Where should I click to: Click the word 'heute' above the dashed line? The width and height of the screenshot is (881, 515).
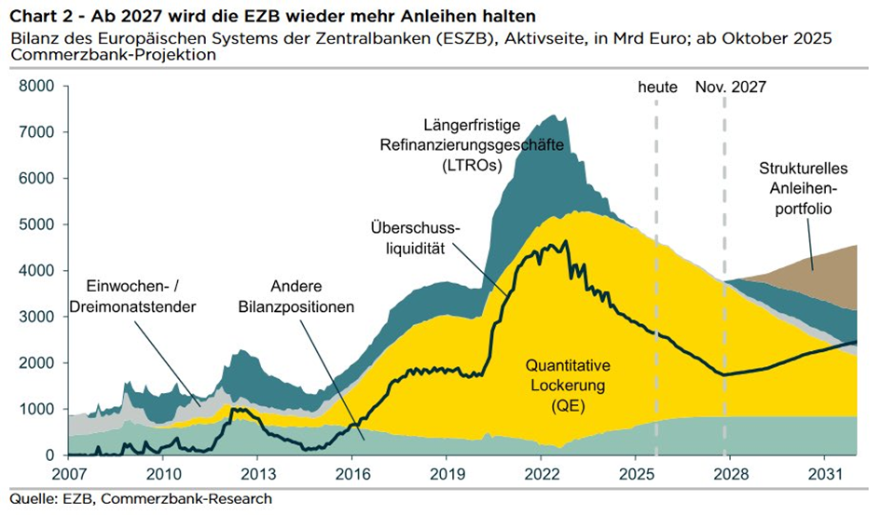tap(657, 87)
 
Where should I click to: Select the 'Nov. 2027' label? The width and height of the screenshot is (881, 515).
tap(730, 87)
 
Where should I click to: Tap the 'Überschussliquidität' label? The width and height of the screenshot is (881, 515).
tap(416, 237)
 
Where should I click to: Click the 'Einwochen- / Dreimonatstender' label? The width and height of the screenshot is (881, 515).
tap(144, 296)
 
